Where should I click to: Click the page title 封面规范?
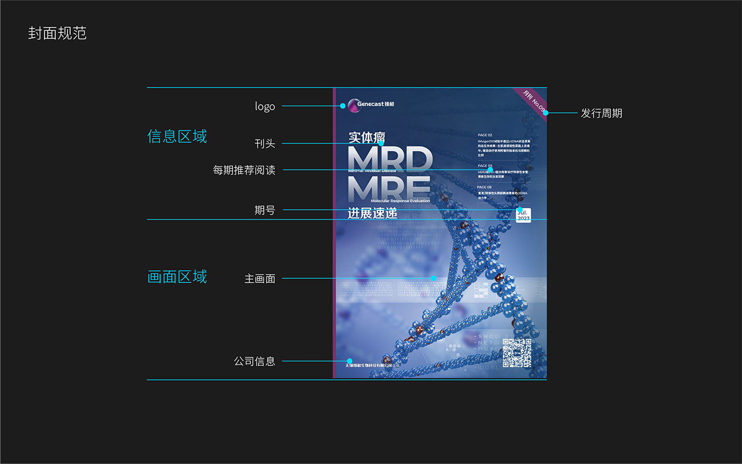pyautogui.click(x=57, y=34)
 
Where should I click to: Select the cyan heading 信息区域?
pyautogui.click(x=177, y=136)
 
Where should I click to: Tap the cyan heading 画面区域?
pyautogui.click(x=177, y=277)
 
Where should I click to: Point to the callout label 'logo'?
pyautogui.click(x=265, y=106)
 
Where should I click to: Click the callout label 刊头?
pyautogui.click(x=265, y=143)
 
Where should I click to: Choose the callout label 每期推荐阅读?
pyautogui.click(x=244, y=171)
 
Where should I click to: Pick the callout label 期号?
pyautogui.click(x=265, y=210)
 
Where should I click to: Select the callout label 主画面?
pyautogui.click(x=260, y=278)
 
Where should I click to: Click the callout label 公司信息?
pyautogui.click(x=254, y=361)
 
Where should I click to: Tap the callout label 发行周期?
pyautogui.click(x=602, y=113)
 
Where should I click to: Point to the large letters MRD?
pyautogui.click(x=390, y=158)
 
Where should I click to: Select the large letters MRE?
pyautogui.click(x=388, y=187)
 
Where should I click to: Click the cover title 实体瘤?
pyautogui.click(x=366, y=137)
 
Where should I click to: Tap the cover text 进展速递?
pyautogui.click(x=372, y=213)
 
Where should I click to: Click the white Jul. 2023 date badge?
pyautogui.click(x=523, y=215)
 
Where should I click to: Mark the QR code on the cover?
pyautogui.click(x=517, y=353)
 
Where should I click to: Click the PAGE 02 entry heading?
pyautogui.click(x=485, y=135)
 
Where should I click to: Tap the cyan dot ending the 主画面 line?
pyautogui.click(x=433, y=278)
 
